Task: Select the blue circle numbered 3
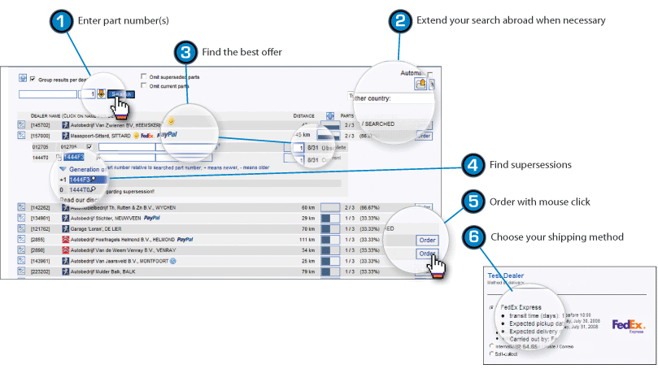186,52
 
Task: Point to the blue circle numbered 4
473,165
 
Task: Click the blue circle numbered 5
473,201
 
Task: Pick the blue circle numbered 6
473,237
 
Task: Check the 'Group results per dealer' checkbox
33,80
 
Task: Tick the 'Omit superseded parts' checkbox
144,77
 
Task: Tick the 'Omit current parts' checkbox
144,85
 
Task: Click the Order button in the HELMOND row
427,241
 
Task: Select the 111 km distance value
307,240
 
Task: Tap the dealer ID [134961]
40,219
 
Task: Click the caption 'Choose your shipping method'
556,237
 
